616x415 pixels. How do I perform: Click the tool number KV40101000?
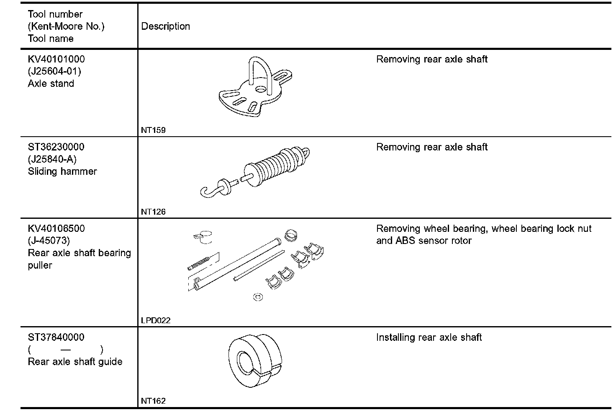pos(56,59)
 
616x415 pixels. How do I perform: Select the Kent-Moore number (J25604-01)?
pos(54,71)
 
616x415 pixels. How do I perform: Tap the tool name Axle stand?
pos(51,83)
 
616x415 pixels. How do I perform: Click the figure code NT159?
pos(153,130)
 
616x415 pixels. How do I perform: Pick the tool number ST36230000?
pos(56,147)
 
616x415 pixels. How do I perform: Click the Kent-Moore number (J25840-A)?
pos(52,159)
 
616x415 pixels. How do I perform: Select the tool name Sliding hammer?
pos(62,171)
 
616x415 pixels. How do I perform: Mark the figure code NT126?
pos(153,212)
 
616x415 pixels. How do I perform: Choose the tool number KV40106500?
pos(56,229)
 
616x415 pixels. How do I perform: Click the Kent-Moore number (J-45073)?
pos(49,241)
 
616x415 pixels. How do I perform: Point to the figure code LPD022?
pos(156,320)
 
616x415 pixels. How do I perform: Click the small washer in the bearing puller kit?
pos(258,297)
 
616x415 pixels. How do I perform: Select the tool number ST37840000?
pos(56,337)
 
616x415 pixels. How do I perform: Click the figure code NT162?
pos(153,401)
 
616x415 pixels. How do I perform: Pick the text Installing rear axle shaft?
pos(429,337)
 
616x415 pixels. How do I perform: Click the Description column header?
pos(166,26)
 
